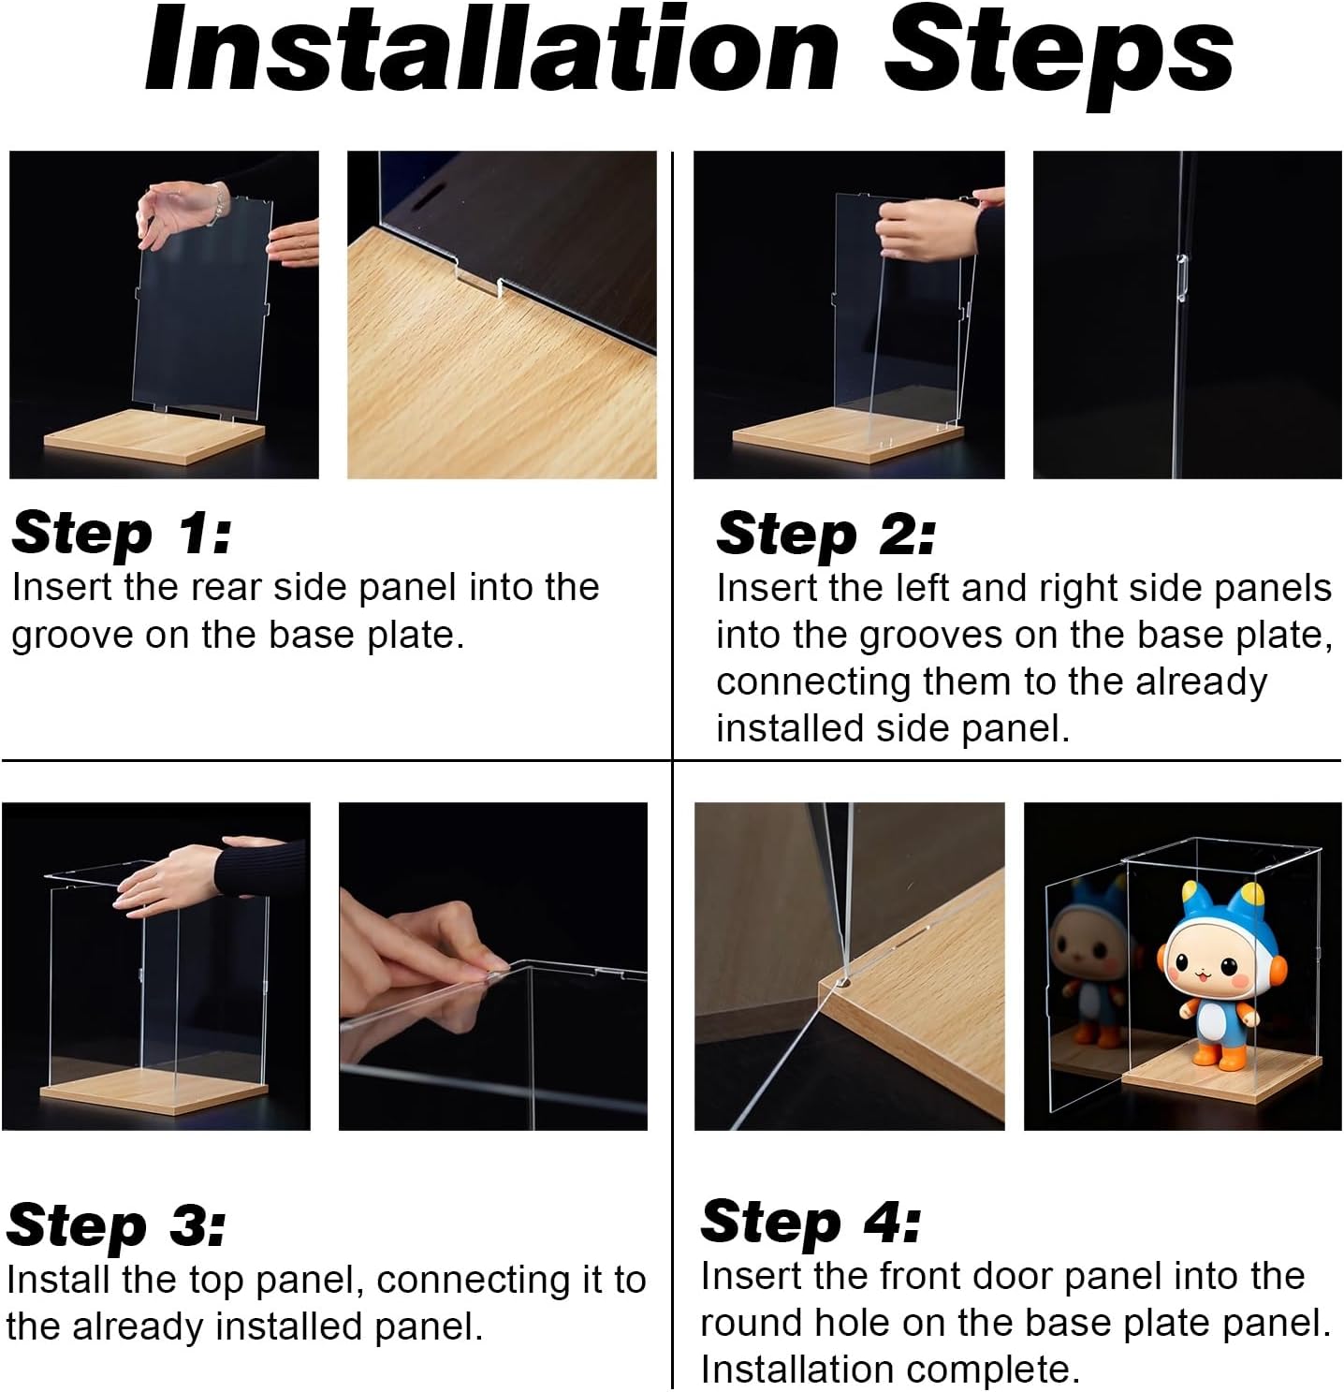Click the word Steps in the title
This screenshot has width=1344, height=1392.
pyautogui.click(x=1059, y=57)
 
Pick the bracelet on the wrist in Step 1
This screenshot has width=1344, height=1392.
pyautogui.click(x=218, y=202)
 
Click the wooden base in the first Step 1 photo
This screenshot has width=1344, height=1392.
pyautogui.click(x=154, y=437)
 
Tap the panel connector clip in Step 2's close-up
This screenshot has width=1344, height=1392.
pyautogui.click(x=1182, y=277)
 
